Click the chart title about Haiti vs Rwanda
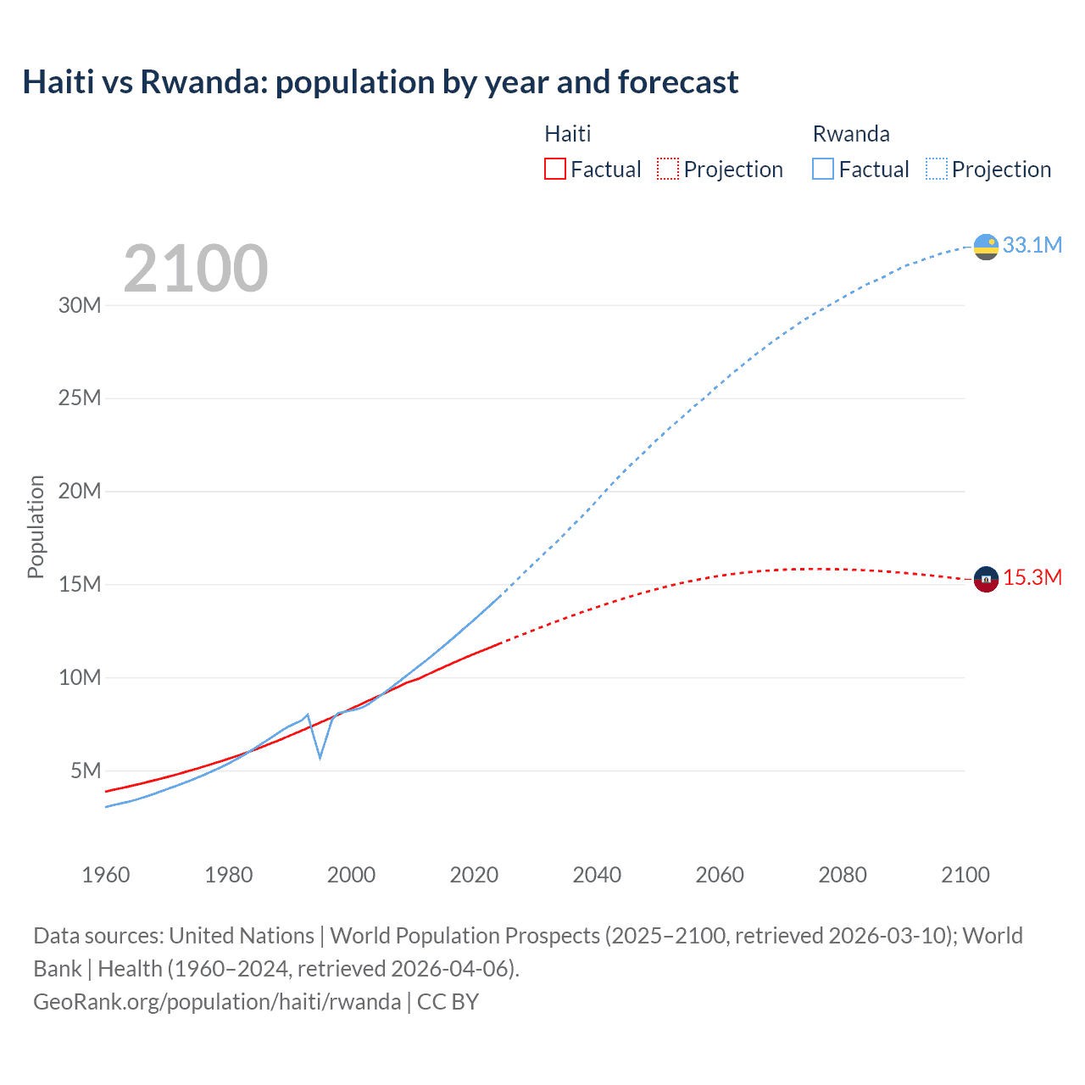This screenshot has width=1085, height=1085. pyautogui.click(x=380, y=82)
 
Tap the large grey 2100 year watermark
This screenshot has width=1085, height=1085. pyautogui.click(x=196, y=269)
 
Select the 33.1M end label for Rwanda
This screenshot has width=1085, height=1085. pyautogui.click(x=1032, y=245)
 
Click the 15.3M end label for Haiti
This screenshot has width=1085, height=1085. pyautogui.click(x=1032, y=577)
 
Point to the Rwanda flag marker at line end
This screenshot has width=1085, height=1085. pyautogui.click(x=986, y=247)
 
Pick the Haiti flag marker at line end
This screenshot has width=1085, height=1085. pyautogui.click(x=986, y=579)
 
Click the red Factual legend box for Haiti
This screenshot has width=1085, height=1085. pyautogui.click(x=555, y=169)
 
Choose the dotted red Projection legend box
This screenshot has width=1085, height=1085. pyautogui.click(x=668, y=169)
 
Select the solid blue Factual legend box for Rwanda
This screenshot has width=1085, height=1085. pyautogui.click(x=823, y=169)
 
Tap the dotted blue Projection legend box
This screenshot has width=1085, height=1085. pyautogui.click(x=937, y=169)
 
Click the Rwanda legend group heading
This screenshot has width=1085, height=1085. pyautogui.click(x=851, y=134)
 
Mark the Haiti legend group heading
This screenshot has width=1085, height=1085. pyautogui.click(x=567, y=134)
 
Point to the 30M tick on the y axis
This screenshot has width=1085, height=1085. pyautogui.click(x=80, y=305)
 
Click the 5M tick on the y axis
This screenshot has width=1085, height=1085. pyautogui.click(x=86, y=771)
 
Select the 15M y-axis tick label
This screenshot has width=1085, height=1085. pyautogui.click(x=80, y=584)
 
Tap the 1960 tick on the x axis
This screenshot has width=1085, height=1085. pyautogui.click(x=106, y=875)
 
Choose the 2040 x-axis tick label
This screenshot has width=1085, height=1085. pyautogui.click(x=597, y=875)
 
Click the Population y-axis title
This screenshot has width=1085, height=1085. pyautogui.click(x=36, y=526)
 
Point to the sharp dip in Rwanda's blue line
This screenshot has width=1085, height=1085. pyautogui.click(x=320, y=755)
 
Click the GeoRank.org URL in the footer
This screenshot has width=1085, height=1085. pyautogui.click(x=217, y=1002)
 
